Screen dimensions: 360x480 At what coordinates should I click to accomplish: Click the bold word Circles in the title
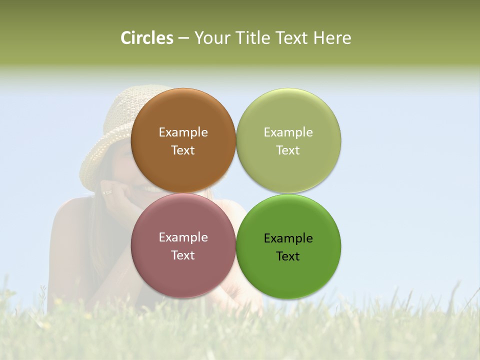146,38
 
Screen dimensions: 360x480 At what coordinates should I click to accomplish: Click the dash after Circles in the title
183,38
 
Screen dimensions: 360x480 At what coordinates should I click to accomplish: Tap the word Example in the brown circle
183,132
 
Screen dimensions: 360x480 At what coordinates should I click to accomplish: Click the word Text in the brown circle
183,150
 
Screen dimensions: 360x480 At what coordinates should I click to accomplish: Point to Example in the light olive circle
288,132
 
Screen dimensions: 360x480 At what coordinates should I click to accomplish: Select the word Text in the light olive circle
288,150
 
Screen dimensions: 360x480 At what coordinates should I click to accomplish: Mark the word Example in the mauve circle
183,237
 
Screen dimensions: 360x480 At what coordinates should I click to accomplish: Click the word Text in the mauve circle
183,255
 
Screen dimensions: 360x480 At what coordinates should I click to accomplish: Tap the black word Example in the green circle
288,238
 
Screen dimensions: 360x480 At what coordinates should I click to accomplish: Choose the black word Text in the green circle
288,256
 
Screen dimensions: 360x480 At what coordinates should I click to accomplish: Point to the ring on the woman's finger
108,191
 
